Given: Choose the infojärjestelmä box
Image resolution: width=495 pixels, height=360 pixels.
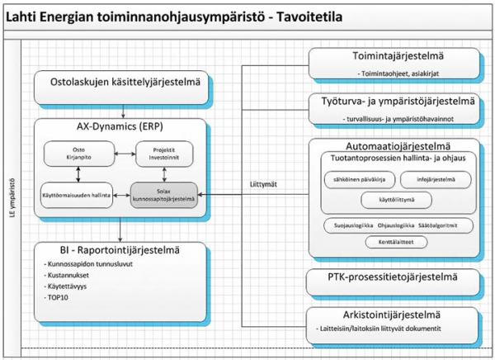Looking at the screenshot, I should pyautogui.click(x=435, y=178).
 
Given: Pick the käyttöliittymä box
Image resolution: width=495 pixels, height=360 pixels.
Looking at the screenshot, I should pyautogui.click(x=395, y=199).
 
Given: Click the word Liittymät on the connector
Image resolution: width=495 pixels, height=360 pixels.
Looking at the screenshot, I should pyautogui.click(x=262, y=184).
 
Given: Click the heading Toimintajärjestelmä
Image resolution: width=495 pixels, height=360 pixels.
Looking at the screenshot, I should pyautogui.click(x=394, y=59).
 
